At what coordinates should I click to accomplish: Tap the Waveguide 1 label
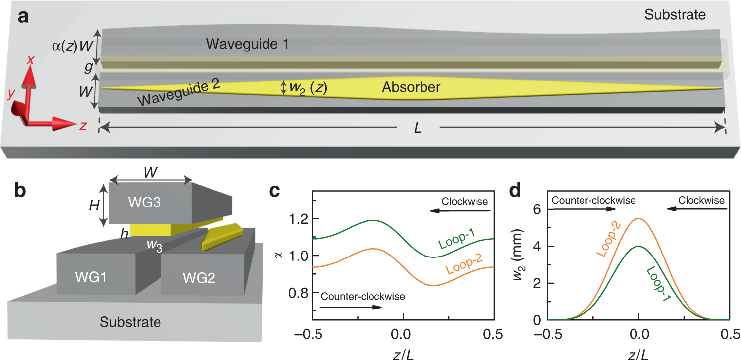pyautogui.click(x=248, y=44)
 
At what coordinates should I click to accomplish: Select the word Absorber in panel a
pyautogui.click(x=411, y=88)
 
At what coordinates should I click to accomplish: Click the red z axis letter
pyautogui.click(x=83, y=126)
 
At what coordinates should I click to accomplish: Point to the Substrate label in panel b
pyautogui.click(x=130, y=322)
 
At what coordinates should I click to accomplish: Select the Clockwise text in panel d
pyautogui.click(x=701, y=200)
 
